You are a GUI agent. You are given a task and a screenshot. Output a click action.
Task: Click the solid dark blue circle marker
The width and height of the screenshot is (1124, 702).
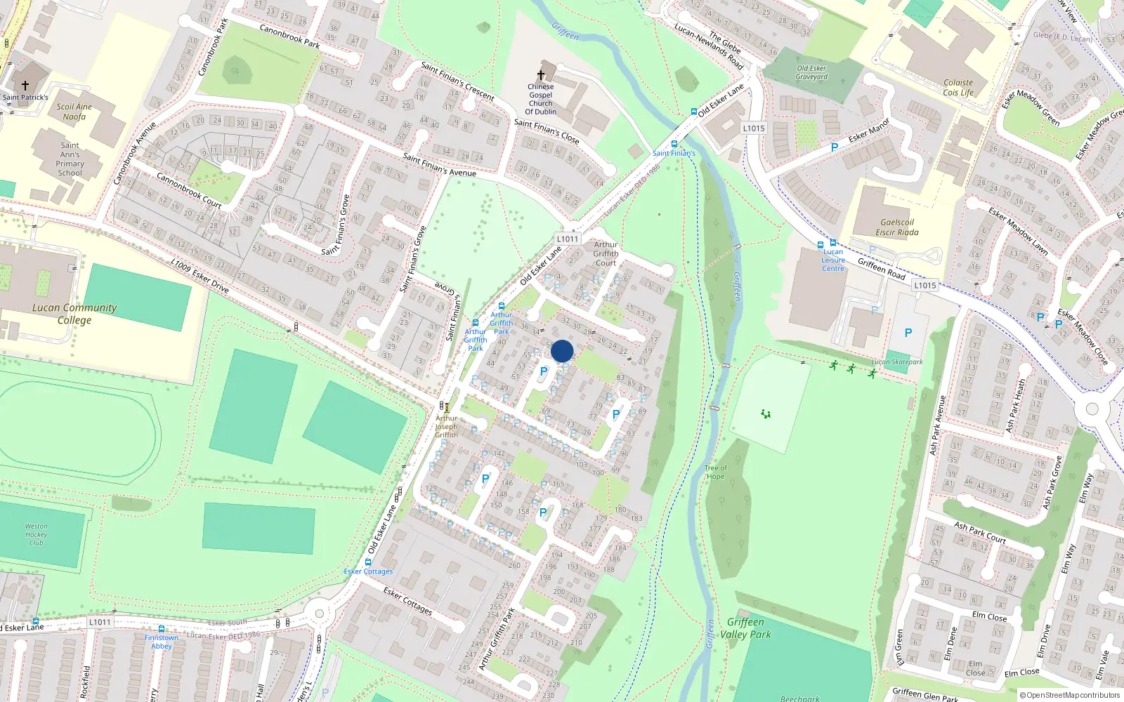(562, 351)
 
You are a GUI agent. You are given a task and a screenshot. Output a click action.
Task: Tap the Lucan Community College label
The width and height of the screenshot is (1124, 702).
(74, 314)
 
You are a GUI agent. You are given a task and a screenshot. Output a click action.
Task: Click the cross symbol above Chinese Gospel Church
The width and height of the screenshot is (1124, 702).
(541, 75)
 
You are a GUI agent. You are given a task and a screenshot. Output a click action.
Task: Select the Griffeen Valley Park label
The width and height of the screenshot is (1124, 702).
(745, 628)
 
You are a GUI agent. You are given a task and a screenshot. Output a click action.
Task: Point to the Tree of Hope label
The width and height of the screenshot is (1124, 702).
(715, 472)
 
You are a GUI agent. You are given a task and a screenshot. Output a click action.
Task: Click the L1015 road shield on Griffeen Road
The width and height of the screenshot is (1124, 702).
(925, 285)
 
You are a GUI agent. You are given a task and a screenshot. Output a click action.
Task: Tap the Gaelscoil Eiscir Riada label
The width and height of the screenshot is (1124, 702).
(897, 227)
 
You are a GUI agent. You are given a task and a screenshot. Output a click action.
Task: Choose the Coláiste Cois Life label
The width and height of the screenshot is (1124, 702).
(958, 88)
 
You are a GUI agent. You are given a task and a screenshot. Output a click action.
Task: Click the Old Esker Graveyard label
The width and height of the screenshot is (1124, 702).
(811, 73)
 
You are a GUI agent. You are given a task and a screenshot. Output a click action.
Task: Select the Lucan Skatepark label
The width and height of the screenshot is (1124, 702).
(897, 362)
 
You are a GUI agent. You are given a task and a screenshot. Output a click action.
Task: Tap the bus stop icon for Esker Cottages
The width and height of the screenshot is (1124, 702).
(368, 562)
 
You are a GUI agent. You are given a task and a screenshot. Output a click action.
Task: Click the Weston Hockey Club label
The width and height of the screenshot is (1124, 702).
(37, 534)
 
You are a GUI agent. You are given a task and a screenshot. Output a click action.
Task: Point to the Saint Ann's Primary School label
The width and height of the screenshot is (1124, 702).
(70, 159)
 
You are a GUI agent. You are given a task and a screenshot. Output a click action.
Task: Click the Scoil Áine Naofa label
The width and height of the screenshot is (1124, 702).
(74, 112)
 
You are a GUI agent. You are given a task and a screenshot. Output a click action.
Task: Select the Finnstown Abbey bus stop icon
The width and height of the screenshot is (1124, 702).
(162, 629)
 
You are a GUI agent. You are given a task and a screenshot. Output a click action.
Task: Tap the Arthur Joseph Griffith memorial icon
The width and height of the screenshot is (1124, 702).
(446, 407)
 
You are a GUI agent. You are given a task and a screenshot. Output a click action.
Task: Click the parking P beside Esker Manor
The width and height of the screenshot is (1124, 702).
(835, 147)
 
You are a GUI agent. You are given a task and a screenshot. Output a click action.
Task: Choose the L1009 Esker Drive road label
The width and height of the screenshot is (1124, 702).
(200, 274)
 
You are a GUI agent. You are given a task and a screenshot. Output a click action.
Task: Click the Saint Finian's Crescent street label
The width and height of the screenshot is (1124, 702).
(457, 81)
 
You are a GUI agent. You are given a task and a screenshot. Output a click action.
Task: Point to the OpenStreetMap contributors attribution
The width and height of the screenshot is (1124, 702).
(1069, 695)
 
